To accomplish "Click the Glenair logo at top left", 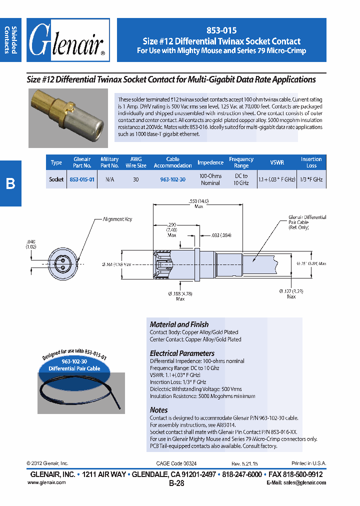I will pyautogui.click(x=67, y=40).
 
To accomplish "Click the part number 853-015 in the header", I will pyautogui.click(x=221, y=30).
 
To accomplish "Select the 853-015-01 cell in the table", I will pyautogui.click(x=82, y=179).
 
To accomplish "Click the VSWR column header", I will pyautogui.click(x=277, y=162).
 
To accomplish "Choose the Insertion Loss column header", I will pyautogui.click(x=311, y=162).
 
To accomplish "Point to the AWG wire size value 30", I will pyautogui.click(x=135, y=179).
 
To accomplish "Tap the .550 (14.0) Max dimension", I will pyautogui.click(x=198, y=203).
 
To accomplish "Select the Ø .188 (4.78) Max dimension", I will pyautogui.click(x=180, y=296).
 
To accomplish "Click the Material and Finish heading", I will pyautogui.click(x=179, y=324).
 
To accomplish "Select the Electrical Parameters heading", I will pyautogui.click(x=182, y=353).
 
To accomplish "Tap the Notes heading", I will pyautogui.click(x=159, y=410).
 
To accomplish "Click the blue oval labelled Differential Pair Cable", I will pyautogui.click(x=74, y=365).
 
